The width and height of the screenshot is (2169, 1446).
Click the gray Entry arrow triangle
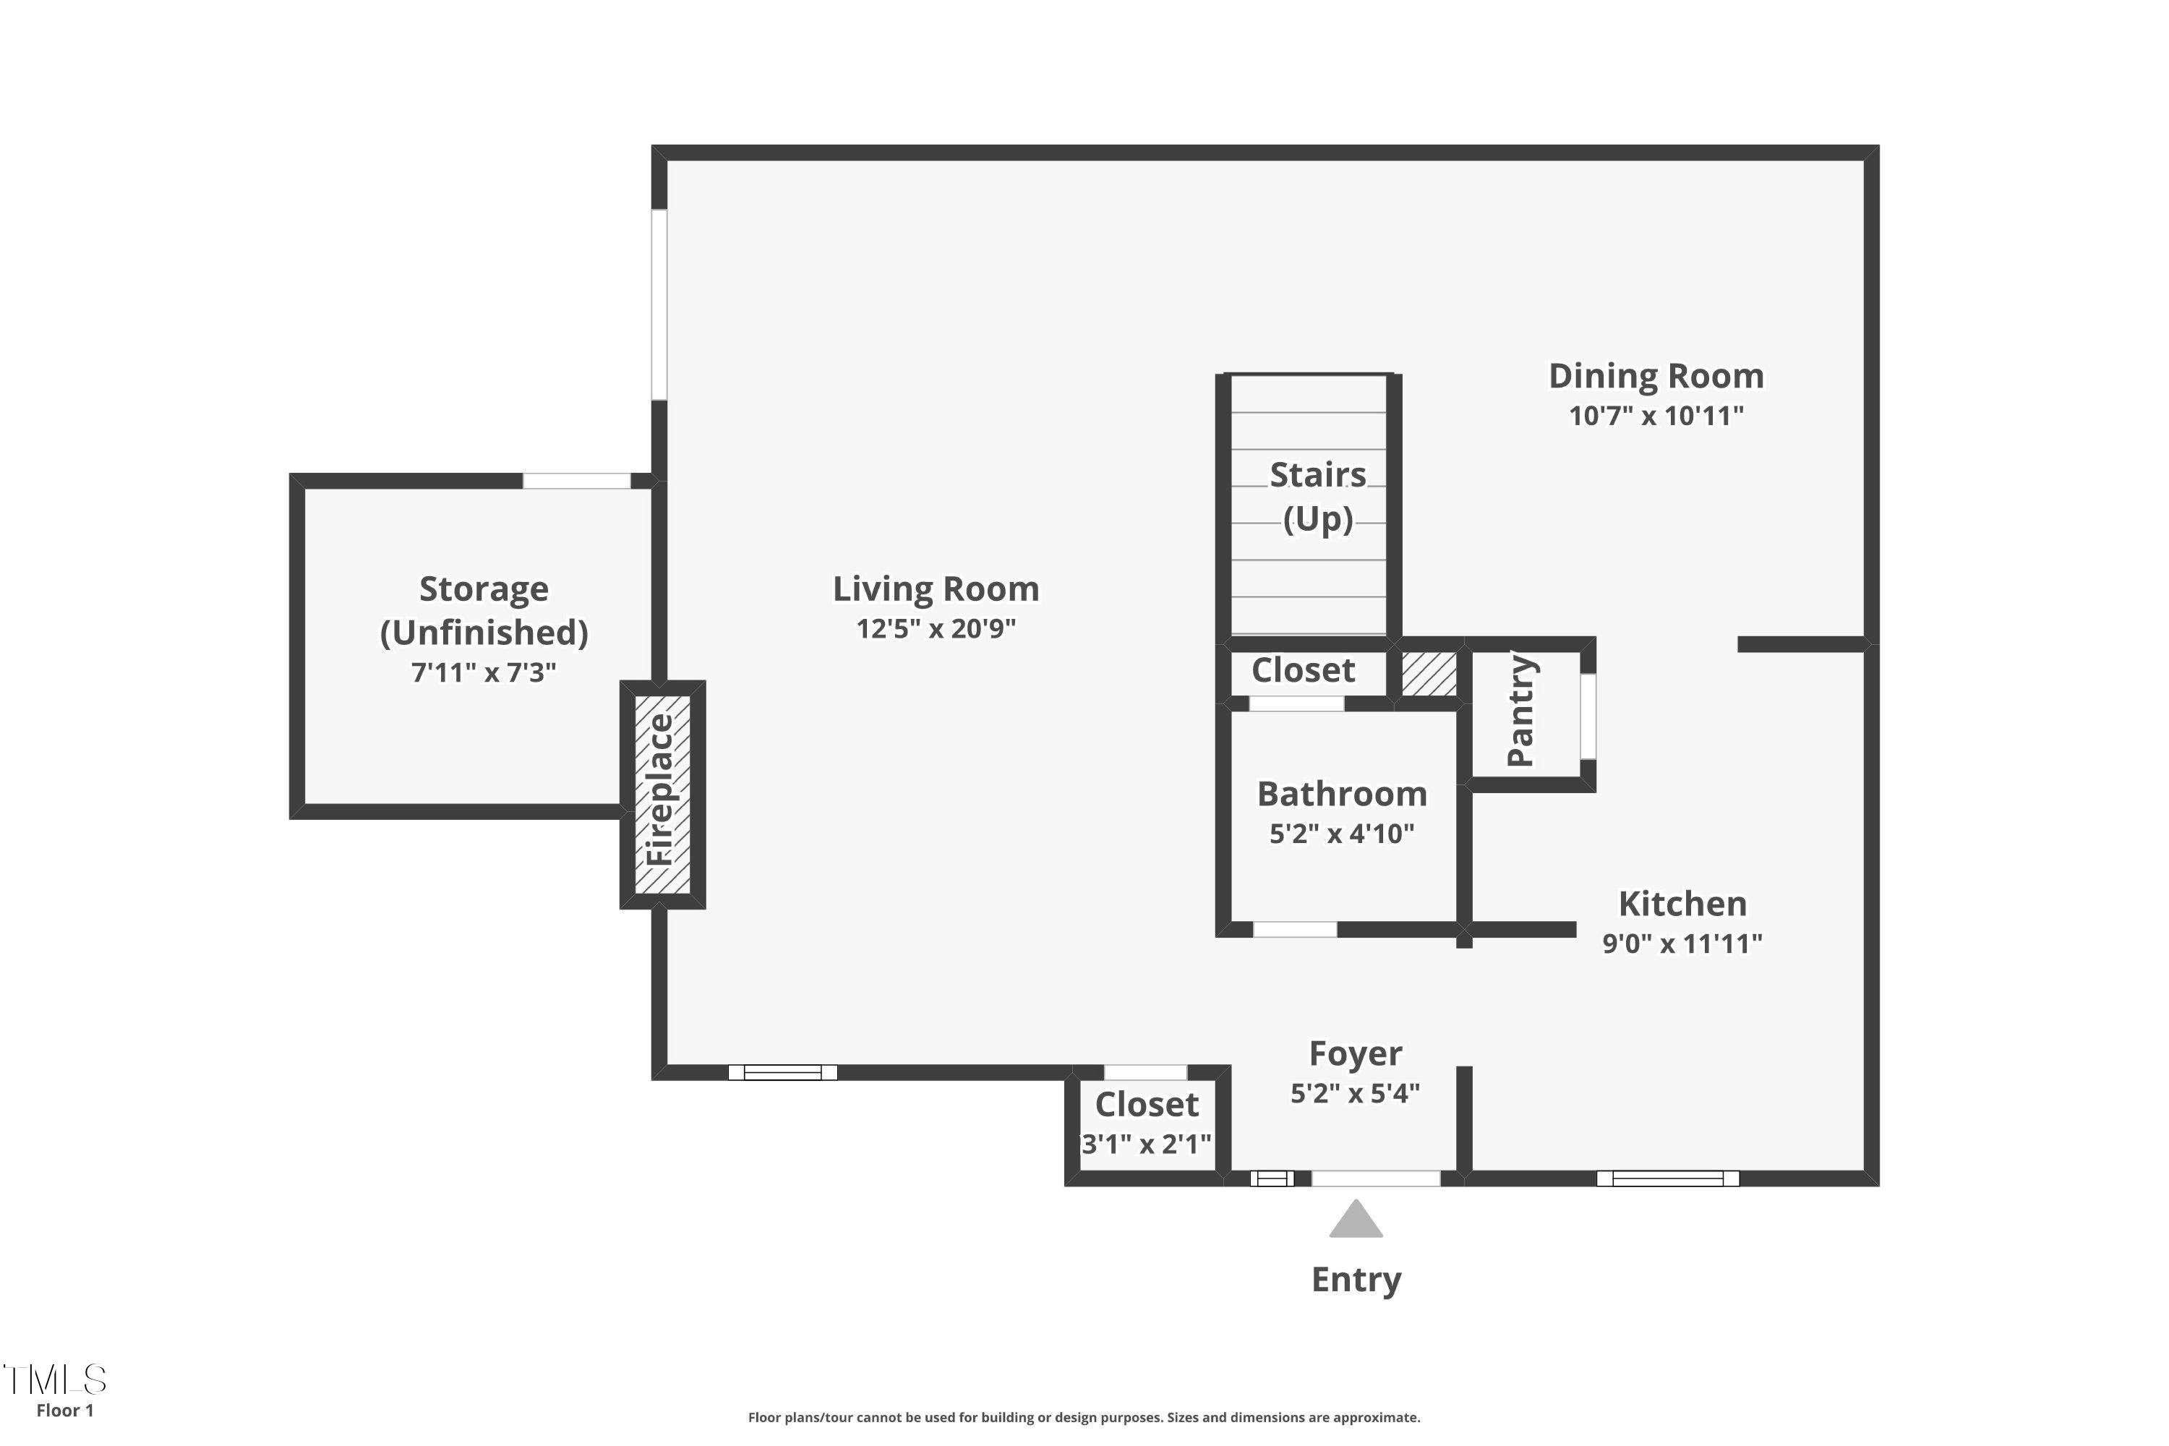pos(1356,1221)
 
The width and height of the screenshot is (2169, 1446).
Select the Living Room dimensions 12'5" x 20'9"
pos(936,629)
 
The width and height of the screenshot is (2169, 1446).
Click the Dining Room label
pos(1656,376)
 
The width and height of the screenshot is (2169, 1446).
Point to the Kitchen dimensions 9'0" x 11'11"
pos(1682,944)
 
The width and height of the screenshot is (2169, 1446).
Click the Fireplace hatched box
pos(662,794)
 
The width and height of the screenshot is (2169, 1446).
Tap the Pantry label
pos(1520,710)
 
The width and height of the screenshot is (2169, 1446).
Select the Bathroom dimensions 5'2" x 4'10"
pos(1342,834)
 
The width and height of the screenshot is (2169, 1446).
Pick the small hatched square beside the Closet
pos(1429,674)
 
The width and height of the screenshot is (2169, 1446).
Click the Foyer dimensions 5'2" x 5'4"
pos(1355,1092)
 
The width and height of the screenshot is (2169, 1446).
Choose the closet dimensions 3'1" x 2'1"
pos(1146,1145)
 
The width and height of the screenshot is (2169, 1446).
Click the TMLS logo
pos(56,1379)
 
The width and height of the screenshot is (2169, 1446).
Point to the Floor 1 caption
pos(64,1410)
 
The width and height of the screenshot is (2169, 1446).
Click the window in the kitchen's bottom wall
pos(1667,1178)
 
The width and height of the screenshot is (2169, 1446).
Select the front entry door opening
pos(1375,1178)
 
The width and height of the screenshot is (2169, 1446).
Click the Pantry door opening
pos(1588,716)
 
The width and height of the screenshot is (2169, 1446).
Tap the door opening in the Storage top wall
pos(576,481)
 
